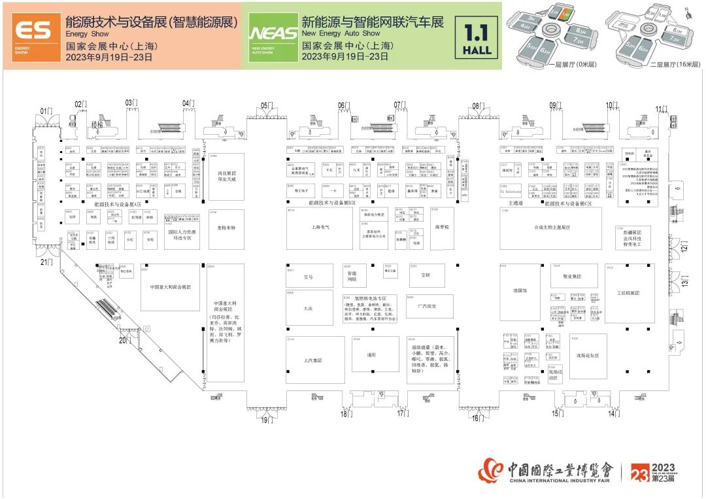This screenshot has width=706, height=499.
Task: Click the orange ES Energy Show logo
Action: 32,35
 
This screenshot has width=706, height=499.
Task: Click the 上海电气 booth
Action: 320,228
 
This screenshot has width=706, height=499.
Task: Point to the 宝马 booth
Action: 309,277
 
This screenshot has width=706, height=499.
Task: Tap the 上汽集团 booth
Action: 314,360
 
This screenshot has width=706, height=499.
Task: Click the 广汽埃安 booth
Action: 426,306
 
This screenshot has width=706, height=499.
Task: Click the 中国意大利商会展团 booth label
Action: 170,286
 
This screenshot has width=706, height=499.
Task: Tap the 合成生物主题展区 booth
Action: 552,228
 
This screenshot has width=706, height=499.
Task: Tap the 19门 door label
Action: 267,420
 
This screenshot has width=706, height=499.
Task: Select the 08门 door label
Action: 477,105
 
